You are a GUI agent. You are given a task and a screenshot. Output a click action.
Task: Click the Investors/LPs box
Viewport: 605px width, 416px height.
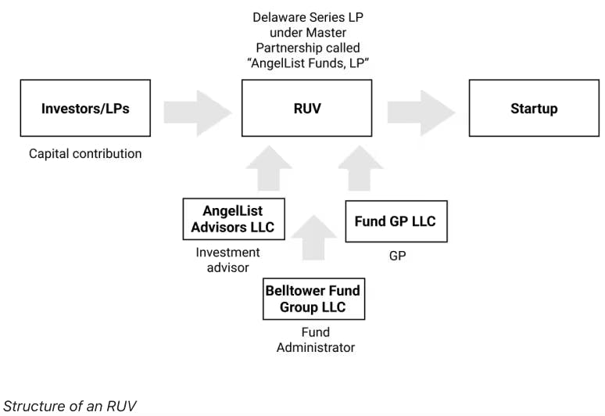coord(85,109)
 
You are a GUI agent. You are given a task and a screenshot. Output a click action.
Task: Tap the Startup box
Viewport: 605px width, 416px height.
coord(534,109)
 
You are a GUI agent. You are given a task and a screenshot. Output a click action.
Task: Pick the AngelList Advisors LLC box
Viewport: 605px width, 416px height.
coord(233,219)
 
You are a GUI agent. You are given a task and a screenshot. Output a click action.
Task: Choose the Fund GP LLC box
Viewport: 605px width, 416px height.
coord(396,221)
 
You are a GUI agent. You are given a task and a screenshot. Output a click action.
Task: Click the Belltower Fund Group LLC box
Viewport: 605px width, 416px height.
coord(313,299)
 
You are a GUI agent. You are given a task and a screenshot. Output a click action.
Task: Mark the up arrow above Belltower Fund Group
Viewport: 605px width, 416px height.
coord(313,236)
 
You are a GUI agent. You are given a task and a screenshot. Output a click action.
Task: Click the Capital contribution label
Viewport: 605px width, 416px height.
coord(85,154)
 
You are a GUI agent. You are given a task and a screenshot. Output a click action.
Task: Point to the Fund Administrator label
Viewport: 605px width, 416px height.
coord(315,339)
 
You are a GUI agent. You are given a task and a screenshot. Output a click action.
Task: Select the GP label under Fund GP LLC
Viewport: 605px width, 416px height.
coord(397,256)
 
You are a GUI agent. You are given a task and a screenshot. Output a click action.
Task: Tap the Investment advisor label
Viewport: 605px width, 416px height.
coord(227,260)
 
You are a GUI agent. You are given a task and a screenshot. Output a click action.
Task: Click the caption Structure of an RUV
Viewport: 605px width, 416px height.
coord(70,406)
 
